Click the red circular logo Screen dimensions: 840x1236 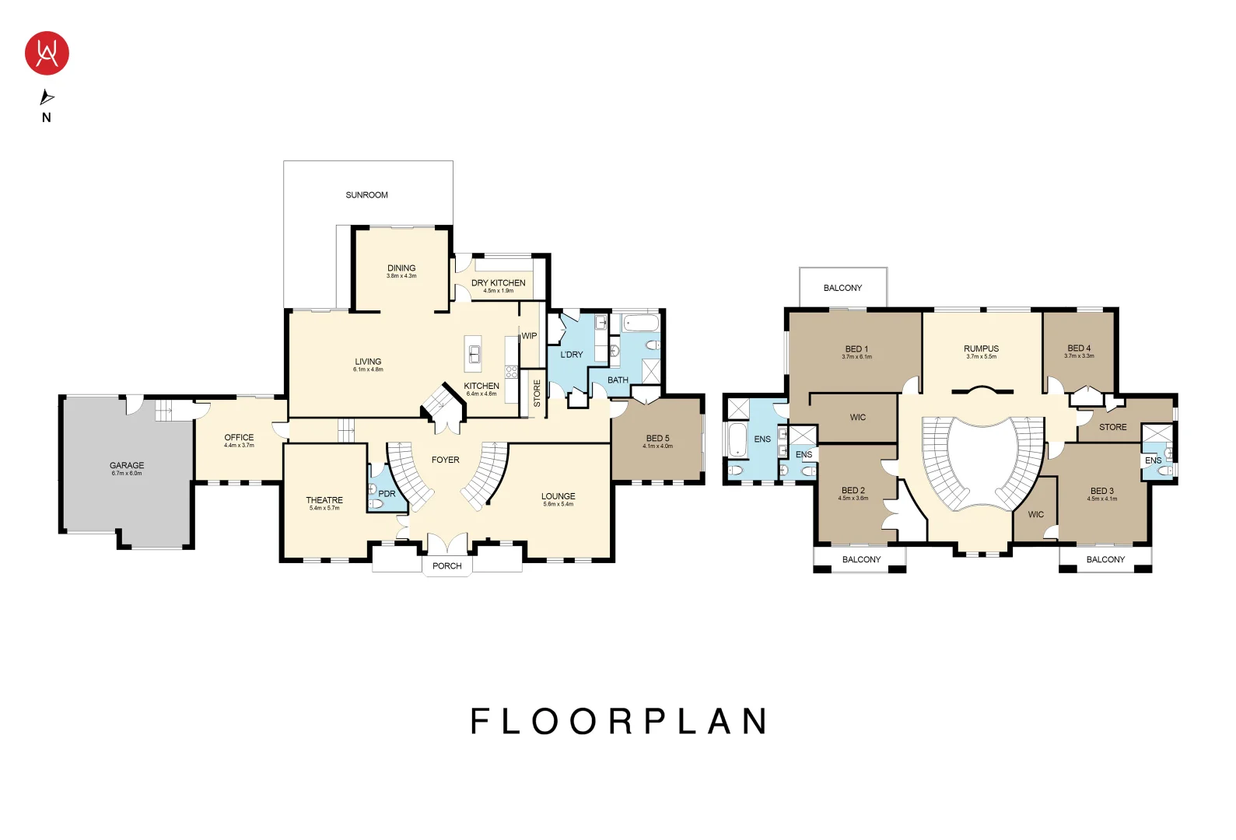click(47, 53)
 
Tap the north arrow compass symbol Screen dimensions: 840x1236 click(47, 97)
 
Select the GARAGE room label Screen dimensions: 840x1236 click(127, 465)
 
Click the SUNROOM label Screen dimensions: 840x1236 click(366, 195)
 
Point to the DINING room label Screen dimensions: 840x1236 click(401, 268)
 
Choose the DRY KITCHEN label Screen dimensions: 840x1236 click(498, 283)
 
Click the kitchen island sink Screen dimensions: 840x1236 click(473, 355)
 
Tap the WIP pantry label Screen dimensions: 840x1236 click(529, 336)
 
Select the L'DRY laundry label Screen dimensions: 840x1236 click(572, 355)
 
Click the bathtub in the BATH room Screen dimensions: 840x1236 click(641, 322)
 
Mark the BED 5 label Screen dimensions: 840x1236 click(657, 439)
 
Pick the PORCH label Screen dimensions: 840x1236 click(446, 566)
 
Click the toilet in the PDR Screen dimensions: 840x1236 click(375, 504)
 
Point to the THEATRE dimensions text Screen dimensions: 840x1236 click(324, 509)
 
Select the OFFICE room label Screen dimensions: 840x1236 click(239, 438)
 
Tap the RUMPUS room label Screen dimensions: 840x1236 click(981, 349)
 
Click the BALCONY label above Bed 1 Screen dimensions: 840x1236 click(842, 288)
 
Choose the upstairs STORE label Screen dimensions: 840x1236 click(1112, 428)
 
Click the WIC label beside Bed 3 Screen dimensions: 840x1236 click(1035, 515)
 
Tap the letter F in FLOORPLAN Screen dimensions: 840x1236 click(479, 722)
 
